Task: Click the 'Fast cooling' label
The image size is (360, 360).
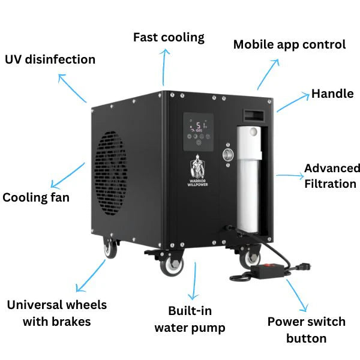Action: pos(169,37)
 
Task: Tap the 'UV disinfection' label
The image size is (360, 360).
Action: pos(50,59)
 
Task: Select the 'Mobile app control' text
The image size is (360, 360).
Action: pos(289,44)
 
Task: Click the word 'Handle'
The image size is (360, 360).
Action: pos(332,94)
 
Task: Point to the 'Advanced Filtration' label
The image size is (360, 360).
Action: pos(331,176)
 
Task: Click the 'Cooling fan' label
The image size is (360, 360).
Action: pos(36,197)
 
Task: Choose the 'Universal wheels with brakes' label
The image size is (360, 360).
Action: pos(57,313)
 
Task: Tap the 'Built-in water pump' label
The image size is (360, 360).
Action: pos(190,319)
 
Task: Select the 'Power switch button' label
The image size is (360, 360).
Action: pos(306,329)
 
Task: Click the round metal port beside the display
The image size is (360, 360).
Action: pos(228,154)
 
